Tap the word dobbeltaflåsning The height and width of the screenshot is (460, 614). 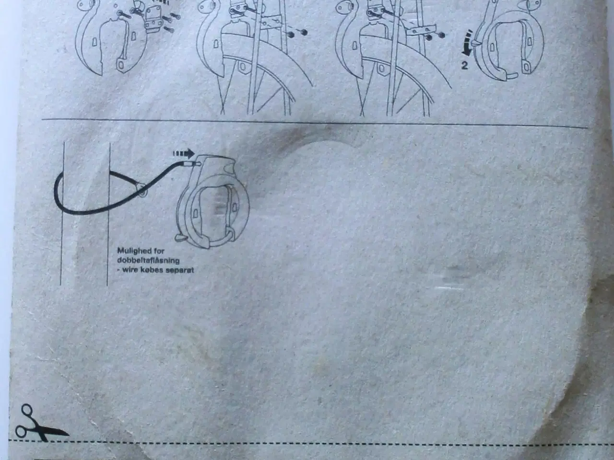click(x=148, y=260)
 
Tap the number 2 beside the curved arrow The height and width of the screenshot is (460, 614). click(x=465, y=65)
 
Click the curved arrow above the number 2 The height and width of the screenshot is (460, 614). click(x=467, y=42)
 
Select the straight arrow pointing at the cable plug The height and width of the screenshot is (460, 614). click(x=184, y=153)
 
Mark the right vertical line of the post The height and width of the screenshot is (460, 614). click(x=108, y=214)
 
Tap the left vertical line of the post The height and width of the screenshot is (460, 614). click(x=62, y=213)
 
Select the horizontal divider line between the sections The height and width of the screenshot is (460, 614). click(x=315, y=123)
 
